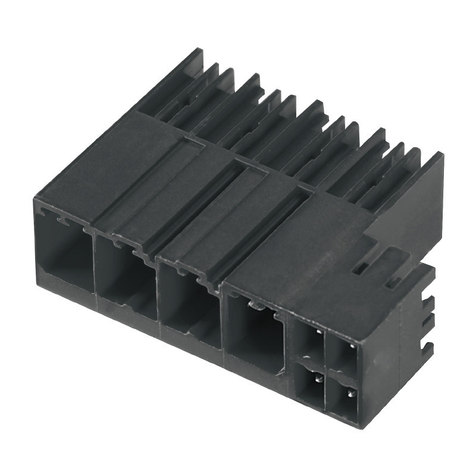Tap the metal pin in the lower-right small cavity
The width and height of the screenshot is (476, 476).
click(346, 394)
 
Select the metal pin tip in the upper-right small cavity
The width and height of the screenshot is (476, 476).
click(352, 343)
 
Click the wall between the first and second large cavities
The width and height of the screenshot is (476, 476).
click(94, 268)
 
